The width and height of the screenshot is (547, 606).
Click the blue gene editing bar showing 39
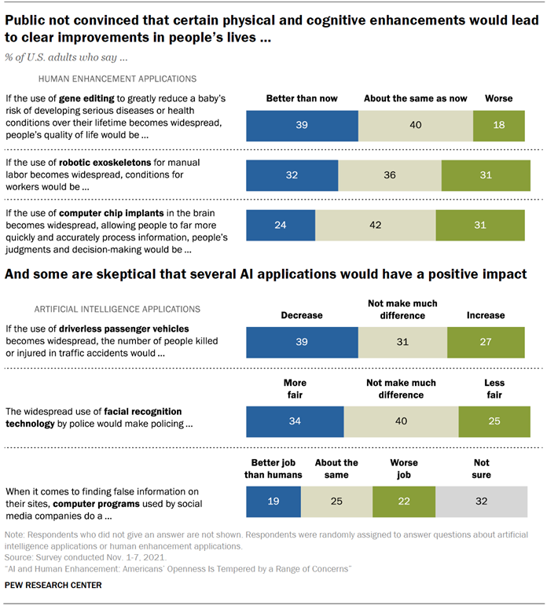coord(302,125)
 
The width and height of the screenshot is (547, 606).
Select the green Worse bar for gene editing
coord(498,125)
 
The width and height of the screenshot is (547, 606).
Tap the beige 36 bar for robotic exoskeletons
coord(390,175)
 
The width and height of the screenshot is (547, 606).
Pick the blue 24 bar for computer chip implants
coord(281,225)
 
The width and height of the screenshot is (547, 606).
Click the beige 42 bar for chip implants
coord(375,225)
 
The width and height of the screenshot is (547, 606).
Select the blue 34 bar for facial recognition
coord(295,422)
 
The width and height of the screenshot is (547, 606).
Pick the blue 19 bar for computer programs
coord(274,501)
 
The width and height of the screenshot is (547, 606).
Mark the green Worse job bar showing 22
coord(404,501)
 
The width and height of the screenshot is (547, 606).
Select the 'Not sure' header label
coord(481,469)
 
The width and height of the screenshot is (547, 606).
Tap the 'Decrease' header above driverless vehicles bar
coord(303,314)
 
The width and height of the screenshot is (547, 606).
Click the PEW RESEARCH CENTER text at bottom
coord(53,585)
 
